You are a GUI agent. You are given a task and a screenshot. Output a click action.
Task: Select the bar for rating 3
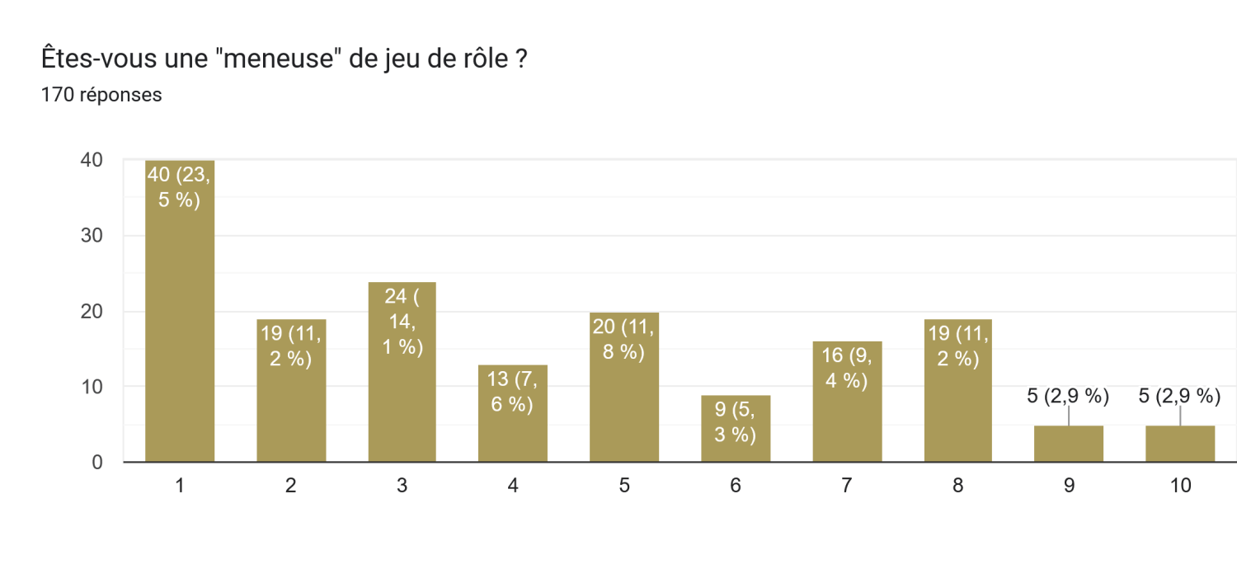click(402, 372)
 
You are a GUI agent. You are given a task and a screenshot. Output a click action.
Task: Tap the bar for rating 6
click(736, 428)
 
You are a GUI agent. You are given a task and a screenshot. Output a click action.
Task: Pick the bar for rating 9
click(1069, 444)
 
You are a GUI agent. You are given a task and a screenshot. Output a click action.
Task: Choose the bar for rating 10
click(1180, 444)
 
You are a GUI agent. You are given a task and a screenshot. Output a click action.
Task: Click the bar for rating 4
click(513, 413)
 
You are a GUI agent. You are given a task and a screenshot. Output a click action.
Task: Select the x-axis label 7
click(847, 486)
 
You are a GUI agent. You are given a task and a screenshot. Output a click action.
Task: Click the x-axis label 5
click(624, 486)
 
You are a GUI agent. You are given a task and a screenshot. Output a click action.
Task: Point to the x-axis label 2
click(290, 486)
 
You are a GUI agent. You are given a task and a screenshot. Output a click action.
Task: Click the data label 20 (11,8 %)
click(624, 338)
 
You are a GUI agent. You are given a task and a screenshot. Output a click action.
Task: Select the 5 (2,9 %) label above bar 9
click(1069, 396)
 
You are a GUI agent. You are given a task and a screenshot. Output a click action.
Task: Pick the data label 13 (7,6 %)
click(513, 392)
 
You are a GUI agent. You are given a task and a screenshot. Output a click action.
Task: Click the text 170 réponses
click(101, 95)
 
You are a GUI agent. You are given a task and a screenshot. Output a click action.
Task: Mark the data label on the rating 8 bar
click(957, 346)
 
